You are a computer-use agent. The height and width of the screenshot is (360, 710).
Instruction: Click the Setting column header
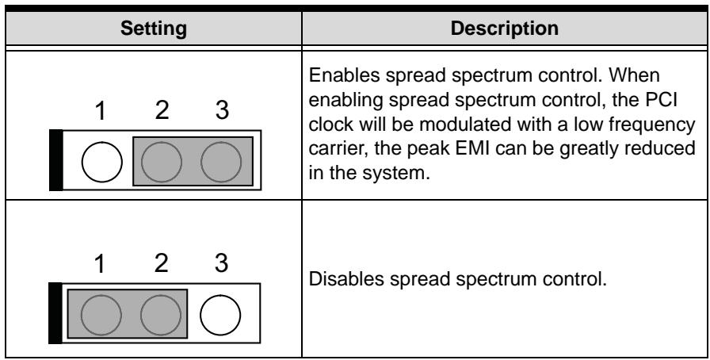(154, 29)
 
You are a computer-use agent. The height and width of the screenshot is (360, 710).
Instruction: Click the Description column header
(505, 28)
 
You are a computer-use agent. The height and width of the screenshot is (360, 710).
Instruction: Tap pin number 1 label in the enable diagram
(101, 111)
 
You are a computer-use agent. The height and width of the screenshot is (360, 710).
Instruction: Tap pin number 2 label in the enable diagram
(162, 110)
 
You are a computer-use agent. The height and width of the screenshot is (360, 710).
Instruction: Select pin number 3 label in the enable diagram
(222, 110)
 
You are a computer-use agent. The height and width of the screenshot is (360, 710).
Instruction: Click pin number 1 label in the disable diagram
(101, 263)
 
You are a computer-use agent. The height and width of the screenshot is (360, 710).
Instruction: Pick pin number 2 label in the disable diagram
(161, 263)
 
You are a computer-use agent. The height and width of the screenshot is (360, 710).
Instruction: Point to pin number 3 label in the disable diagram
(221, 263)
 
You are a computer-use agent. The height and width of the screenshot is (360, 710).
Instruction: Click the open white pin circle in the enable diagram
(102, 162)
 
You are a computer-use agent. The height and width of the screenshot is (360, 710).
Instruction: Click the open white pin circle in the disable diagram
(220, 315)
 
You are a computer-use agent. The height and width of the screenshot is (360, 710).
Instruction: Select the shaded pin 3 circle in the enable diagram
(221, 162)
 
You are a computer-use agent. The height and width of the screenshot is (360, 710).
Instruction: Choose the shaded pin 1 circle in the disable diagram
(101, 315)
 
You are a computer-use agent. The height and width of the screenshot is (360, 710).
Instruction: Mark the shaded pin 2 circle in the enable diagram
(162, 162)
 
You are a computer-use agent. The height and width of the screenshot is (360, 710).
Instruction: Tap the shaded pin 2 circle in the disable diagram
(161, 315)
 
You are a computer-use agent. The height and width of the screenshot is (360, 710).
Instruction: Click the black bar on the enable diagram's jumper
(56, 160)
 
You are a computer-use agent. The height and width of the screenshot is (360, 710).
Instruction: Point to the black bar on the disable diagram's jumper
(55, 313)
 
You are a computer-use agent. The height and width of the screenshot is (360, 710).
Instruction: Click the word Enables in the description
(344, 75)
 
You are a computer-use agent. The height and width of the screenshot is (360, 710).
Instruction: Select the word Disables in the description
(346, 279)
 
